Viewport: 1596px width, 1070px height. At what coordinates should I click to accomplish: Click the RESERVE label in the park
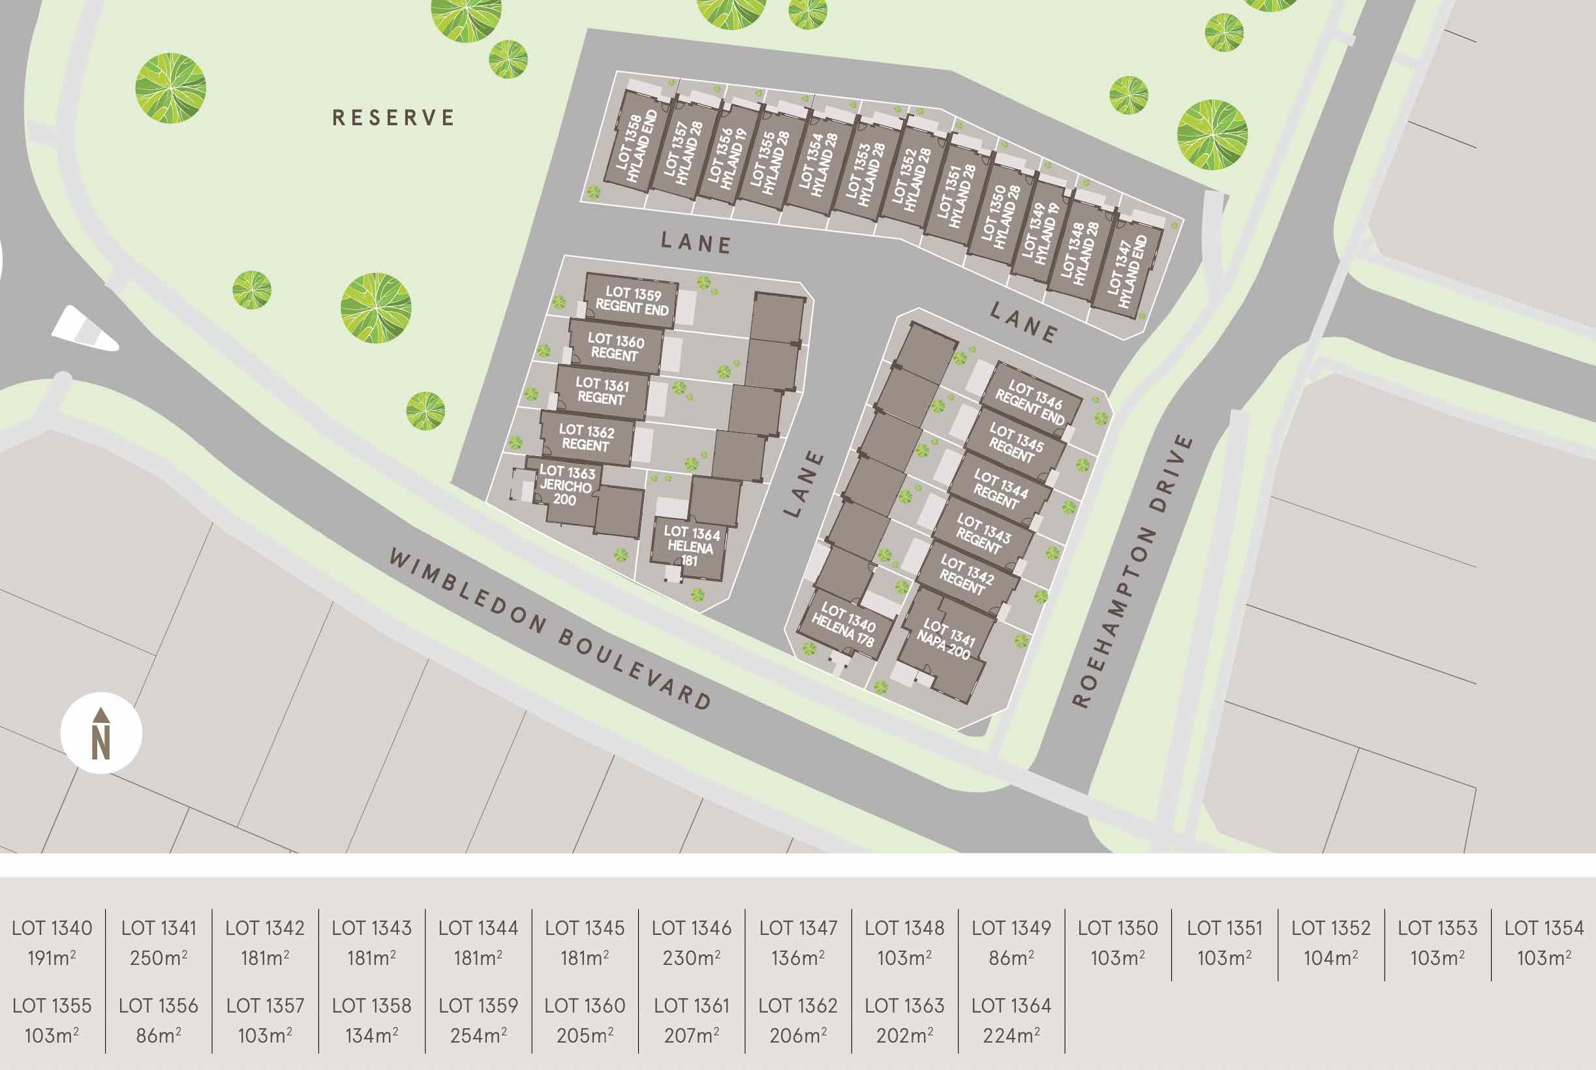[x=393, y=118]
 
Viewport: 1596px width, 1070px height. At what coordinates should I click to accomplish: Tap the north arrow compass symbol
[x=101, y=733]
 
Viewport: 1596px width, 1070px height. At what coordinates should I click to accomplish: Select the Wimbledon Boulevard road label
[x=550, y=628]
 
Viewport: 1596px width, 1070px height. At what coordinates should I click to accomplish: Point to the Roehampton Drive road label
[x=1133, y=570]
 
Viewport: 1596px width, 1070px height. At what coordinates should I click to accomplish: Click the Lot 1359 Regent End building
[x=632, y=301]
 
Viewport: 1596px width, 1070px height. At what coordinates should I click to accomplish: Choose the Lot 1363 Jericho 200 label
[x=566, y=485]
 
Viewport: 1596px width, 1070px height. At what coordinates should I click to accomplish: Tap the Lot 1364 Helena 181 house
[x=690, y=546]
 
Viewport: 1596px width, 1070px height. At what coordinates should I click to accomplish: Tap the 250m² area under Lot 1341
[x=159, y=958]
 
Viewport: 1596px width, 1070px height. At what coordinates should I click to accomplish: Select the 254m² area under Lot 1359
[x=478, y=1036]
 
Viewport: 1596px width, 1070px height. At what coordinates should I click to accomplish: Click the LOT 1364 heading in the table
[x=1011, y=1006]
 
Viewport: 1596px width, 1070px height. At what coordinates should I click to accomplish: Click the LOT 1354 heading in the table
[x=1544, y=928]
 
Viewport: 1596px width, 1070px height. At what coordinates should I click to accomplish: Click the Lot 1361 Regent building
[x=601, y=391]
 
